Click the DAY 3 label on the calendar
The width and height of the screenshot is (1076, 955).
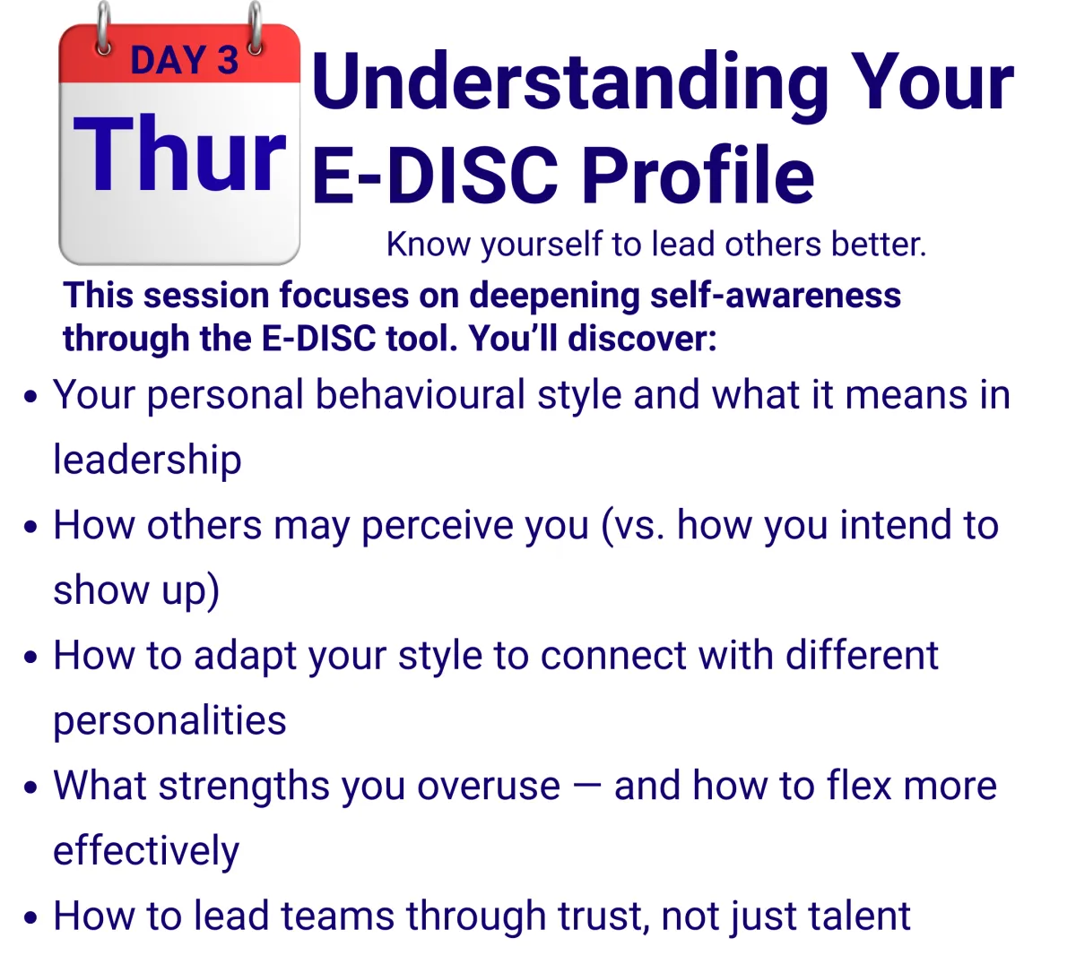pyautogui.click(x=185, y=60)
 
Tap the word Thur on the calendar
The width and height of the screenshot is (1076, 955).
pyautogui.click(x=179, y=154)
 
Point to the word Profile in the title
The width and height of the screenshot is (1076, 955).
pyautogui.click(x=698, y=175)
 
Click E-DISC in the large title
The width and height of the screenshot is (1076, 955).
pyautogui.click(x=436, y=176)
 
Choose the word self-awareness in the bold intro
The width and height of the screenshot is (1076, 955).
pyautogui.click(x=776, y=295)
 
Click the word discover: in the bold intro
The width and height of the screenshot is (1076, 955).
pyautogui.click(x=642, y=339)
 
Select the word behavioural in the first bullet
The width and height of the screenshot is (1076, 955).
pyautogui.click(x=421, y=395)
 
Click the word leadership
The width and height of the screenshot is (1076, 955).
pyautogui.click(x=147, y=460)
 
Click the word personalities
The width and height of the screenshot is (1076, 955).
pyautogui.click(x=170, y=720)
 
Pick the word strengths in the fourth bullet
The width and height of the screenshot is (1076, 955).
pyautogui.click(x=243, y=787)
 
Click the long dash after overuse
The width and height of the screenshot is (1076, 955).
pyautogui.click(x=586, y=787)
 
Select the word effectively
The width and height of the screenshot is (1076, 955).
pyautogui.click(x=146, y=851)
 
